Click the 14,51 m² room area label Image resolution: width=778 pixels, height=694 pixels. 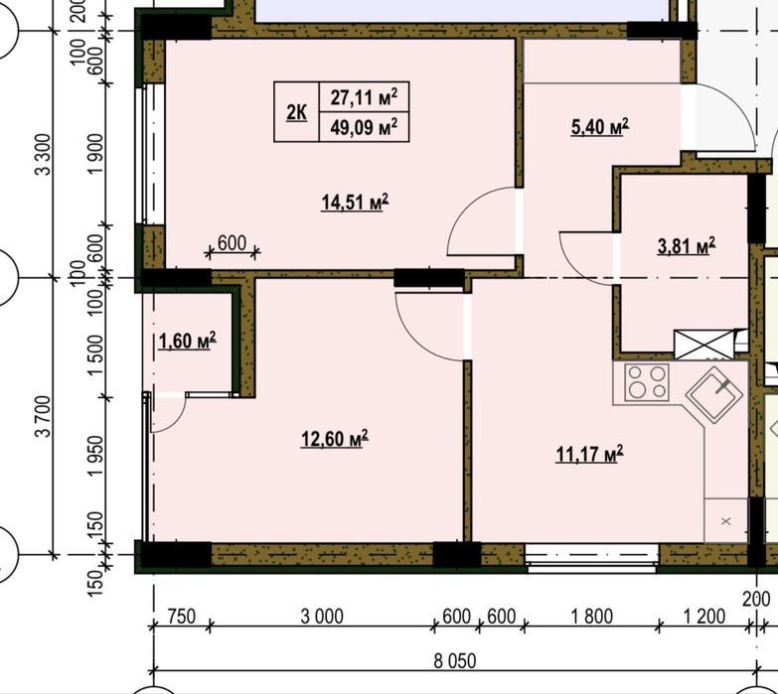356,203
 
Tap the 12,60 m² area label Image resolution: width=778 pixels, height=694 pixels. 335,439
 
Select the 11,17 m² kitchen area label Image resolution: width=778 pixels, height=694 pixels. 589,454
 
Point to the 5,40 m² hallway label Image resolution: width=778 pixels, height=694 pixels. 600,127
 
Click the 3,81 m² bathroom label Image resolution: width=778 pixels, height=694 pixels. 687,245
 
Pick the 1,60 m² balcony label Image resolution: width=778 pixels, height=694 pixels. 187,341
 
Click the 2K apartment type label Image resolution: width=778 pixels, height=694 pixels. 296,112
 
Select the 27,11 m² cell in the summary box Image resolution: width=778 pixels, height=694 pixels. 365,96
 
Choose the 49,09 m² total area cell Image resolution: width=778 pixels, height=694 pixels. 365,127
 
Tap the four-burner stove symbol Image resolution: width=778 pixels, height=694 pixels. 647,381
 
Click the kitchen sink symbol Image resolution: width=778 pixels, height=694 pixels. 714,394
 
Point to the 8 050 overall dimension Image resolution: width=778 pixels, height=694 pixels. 455,661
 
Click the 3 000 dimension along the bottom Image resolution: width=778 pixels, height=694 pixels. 322,617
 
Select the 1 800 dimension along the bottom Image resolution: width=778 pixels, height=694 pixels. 592,617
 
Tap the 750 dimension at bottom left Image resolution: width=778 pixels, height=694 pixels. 182,617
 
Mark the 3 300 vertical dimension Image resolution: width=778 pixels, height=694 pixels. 43,154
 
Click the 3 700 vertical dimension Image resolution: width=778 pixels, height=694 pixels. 43,416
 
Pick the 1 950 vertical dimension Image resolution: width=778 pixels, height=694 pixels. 94,456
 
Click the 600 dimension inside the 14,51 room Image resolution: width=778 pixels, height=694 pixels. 232,243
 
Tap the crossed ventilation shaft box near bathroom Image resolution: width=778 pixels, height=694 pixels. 703,345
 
